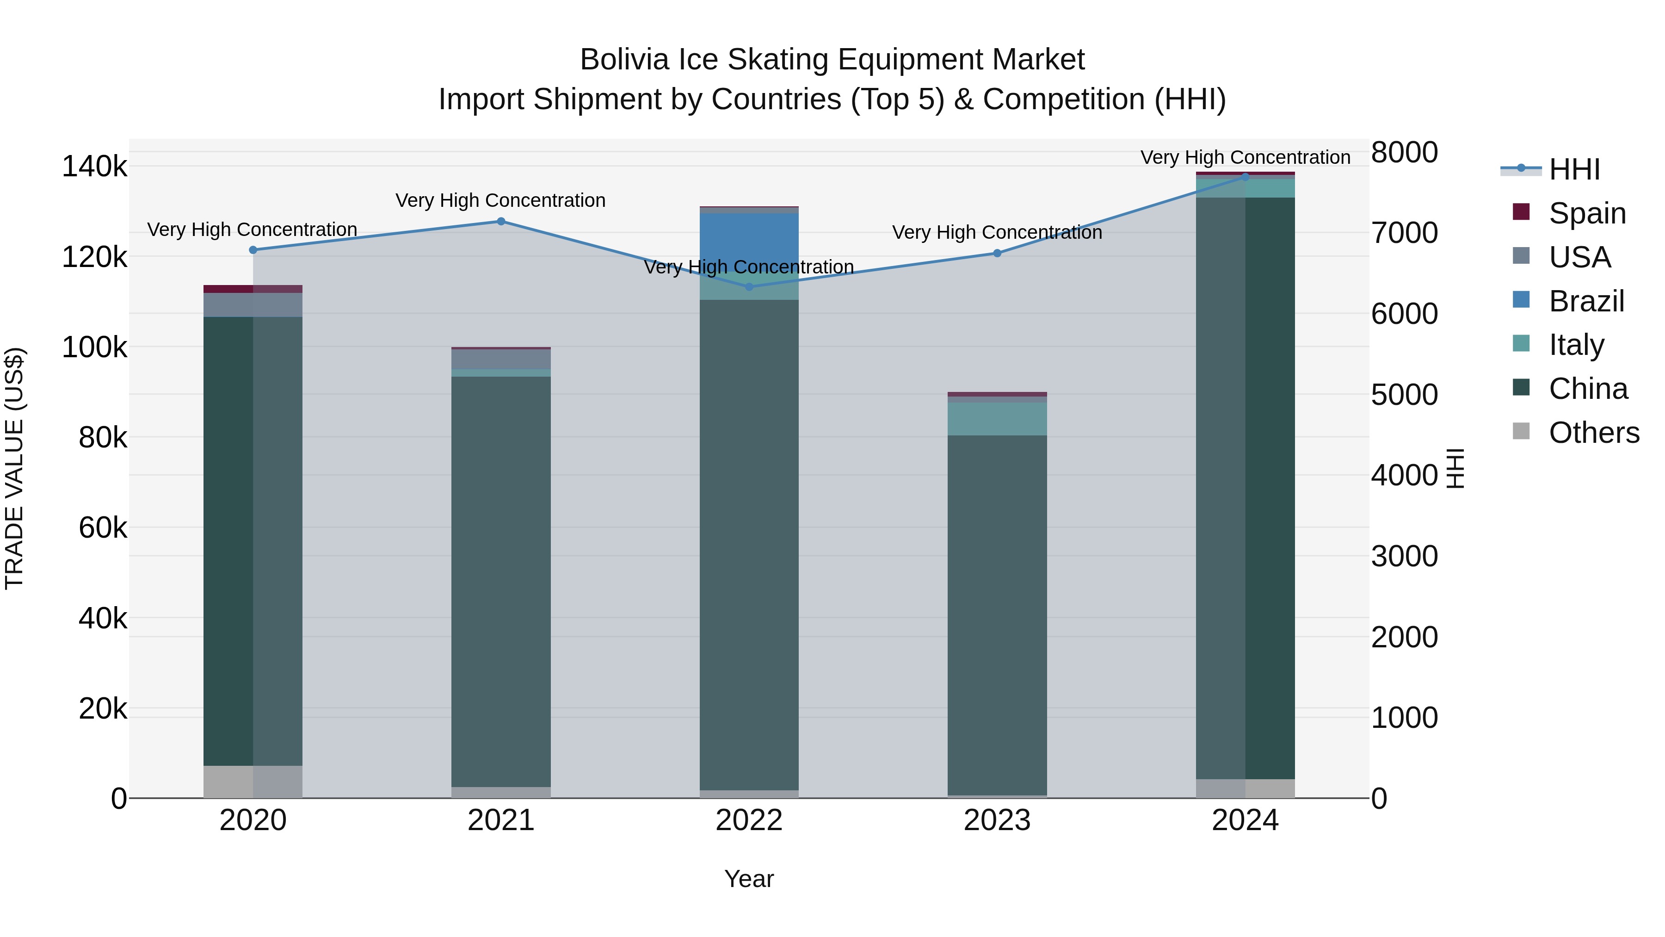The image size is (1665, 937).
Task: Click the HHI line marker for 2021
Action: pyautogui.click(x=501, y=221)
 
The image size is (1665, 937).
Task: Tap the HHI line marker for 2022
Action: pyautogui.click(x=750, y=286)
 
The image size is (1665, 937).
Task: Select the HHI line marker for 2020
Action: pyautogui.click(x=253, y=249)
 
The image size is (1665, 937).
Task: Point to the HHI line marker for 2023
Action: pyautogui.click(x=997, y=253)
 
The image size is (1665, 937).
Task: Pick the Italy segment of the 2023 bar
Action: pyautogui.click(x=997, y=419)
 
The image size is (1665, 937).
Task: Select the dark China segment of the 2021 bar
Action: pyautogui.click(x=501, y=582)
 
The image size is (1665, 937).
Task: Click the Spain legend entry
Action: pyautogui.click(x=1587, y=213)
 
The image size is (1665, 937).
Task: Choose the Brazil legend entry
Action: pyautogui.click(x=1586, y=301)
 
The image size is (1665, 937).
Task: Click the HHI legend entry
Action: pyautogui.click(x=1574, y=169)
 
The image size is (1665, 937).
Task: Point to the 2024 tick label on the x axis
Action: pyautogui.click(x=1245, y=820)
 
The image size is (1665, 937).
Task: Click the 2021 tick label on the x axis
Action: pyautogui.click(x=501, y=820)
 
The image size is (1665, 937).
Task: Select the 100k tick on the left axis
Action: pyautogui.click(x=94, y=347)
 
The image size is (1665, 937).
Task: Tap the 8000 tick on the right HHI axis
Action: pyautogui.click(x=1404, y=153)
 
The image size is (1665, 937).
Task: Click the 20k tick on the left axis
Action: pyautogui.click(x=103, y=709)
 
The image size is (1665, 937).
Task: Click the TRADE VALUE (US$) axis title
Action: pyautogui.click(x=14, y=468)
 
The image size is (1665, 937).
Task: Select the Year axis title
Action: pyautogui.click(x=749, y=879)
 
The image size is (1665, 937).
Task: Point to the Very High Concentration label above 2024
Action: pyautogui.click(x=1245, y=157)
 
